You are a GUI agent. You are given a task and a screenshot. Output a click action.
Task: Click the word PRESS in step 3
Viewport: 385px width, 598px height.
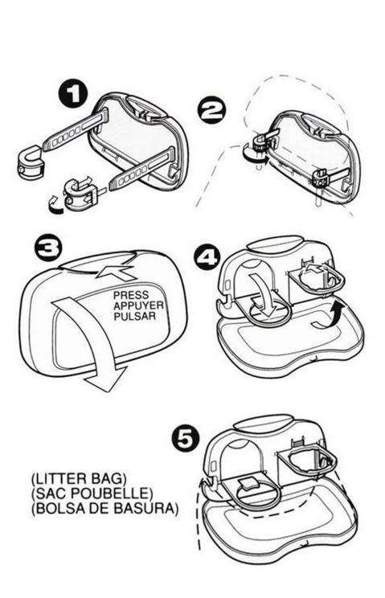131,296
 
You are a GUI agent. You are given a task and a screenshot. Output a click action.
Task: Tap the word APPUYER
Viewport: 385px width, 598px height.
137,306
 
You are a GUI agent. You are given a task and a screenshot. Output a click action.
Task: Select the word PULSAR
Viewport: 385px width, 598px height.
133,317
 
